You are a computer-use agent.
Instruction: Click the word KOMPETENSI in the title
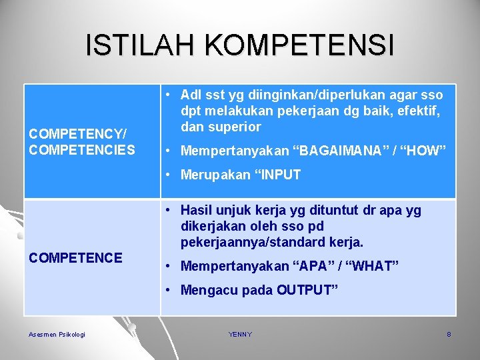pyautogui.click(x=299, y=45)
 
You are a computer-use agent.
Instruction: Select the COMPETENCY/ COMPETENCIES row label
pyautogui.click(x=81, y=141)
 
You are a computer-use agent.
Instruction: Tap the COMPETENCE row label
pyautogui.click(x=75, y=257)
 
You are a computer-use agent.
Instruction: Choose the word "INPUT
pyautogui.click(x=275, y=175)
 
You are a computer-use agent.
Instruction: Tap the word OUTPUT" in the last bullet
pyautogui.click(x=307, y=290)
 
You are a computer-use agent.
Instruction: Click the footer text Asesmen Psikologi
pyautogui.click(x=57, y=334)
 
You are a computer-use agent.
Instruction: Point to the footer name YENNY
pyautogui.click(x=240, y=334)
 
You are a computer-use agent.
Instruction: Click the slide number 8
pyautogui.click(x=449, y=334)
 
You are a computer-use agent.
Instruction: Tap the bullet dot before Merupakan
pyautogui.click(x=170, y=175)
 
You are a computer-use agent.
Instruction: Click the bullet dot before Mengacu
pyautogui.click(x=170, y=290)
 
